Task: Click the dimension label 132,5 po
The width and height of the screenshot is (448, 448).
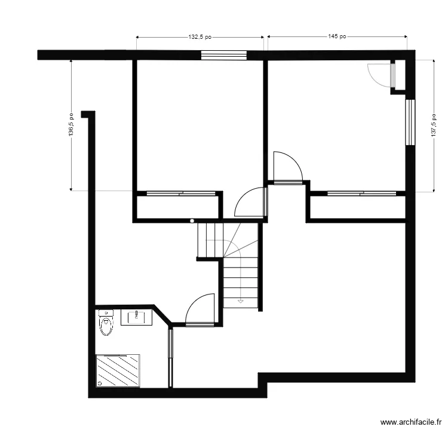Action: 200,37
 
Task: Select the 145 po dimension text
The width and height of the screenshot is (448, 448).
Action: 337,37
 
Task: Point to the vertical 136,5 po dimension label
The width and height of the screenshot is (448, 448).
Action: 71,125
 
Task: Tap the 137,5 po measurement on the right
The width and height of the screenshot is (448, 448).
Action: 434,125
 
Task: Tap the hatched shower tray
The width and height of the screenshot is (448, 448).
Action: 118,371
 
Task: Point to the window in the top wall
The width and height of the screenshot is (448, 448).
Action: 224,55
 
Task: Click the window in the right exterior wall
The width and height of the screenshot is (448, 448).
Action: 410,122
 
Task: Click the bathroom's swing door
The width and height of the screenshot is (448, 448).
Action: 200,311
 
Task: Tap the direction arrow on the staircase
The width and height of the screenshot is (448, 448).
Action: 240,300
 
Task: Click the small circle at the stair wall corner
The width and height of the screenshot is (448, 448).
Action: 192,221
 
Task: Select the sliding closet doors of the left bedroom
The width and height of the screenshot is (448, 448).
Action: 180,193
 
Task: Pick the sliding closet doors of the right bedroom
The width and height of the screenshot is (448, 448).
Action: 361,193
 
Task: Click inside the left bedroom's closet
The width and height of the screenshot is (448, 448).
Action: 177,207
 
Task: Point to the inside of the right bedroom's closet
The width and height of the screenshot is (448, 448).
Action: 357,207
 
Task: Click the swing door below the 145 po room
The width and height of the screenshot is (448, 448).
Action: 287,168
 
